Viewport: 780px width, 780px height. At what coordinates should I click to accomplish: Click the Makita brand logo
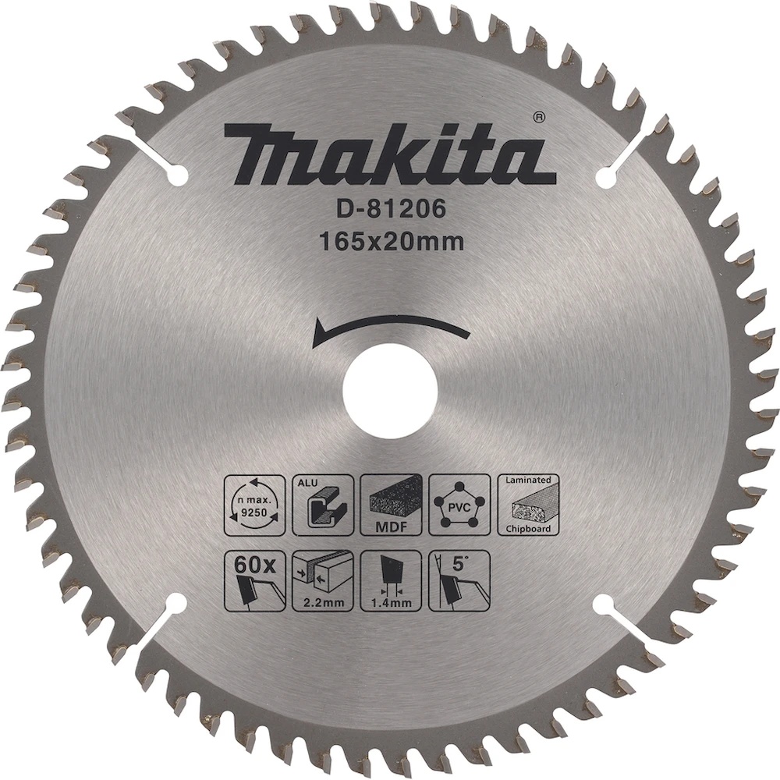[x=389, y=153]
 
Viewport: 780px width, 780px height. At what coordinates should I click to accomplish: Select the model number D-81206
[x=389, y=210]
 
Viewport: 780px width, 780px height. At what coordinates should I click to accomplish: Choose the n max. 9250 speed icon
[x=254, y=505]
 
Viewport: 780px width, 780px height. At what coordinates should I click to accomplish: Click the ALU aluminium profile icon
[x=323, y=505]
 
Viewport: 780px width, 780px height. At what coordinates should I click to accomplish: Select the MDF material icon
[x=391, y=505]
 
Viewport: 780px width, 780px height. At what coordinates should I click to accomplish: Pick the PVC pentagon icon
[x=459, y=505]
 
